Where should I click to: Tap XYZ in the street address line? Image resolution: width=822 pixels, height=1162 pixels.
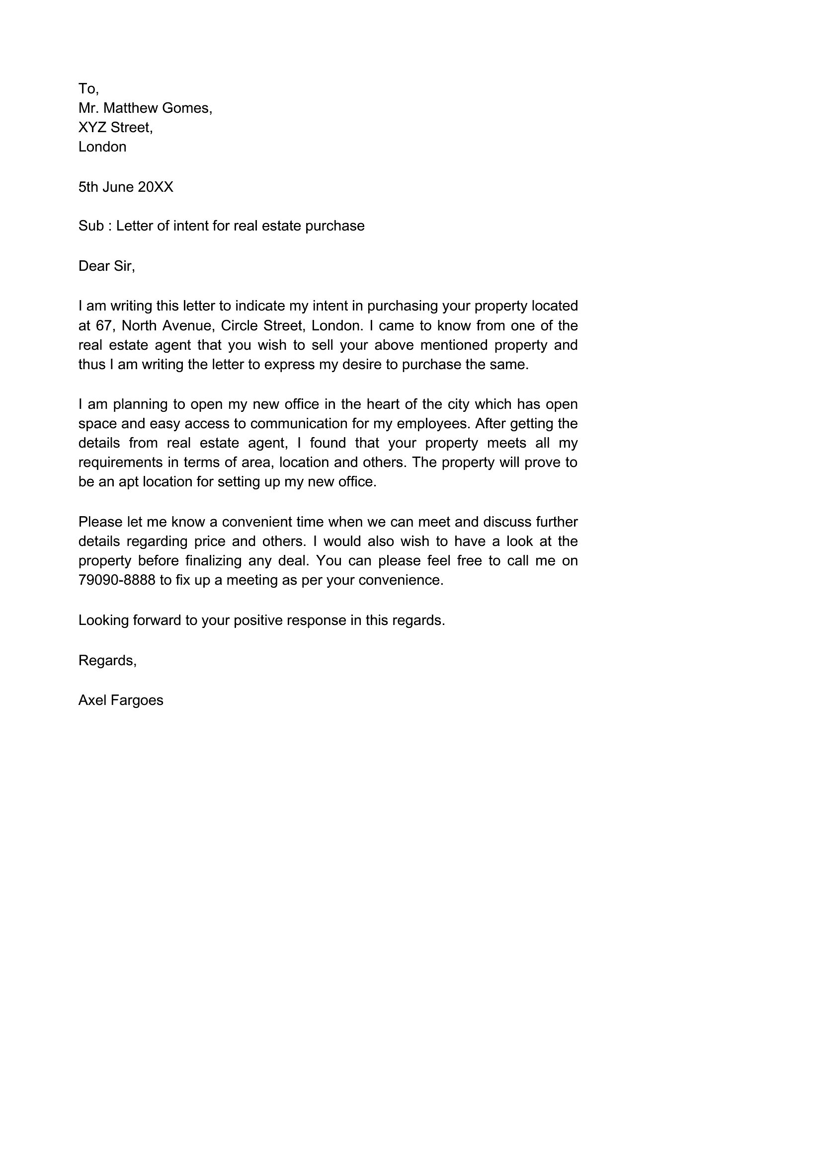pyautogui.click(x=92, y=127)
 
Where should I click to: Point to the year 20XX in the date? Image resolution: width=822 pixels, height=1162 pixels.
pyautogui.click(x=156, y=187)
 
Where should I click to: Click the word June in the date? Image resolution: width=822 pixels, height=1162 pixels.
pyautogui.click(x=118, y=187)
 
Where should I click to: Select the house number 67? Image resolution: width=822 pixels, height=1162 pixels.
pyautogui.click(x=104, y=325)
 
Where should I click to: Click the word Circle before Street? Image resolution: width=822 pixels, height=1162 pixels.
pyautogui.click(x=239, y=325)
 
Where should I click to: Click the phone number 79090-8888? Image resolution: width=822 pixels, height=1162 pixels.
pyautogui.click(x=117, y=580)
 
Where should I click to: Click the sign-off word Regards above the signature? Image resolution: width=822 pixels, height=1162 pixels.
pyautogui.click(x=106, y=660)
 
